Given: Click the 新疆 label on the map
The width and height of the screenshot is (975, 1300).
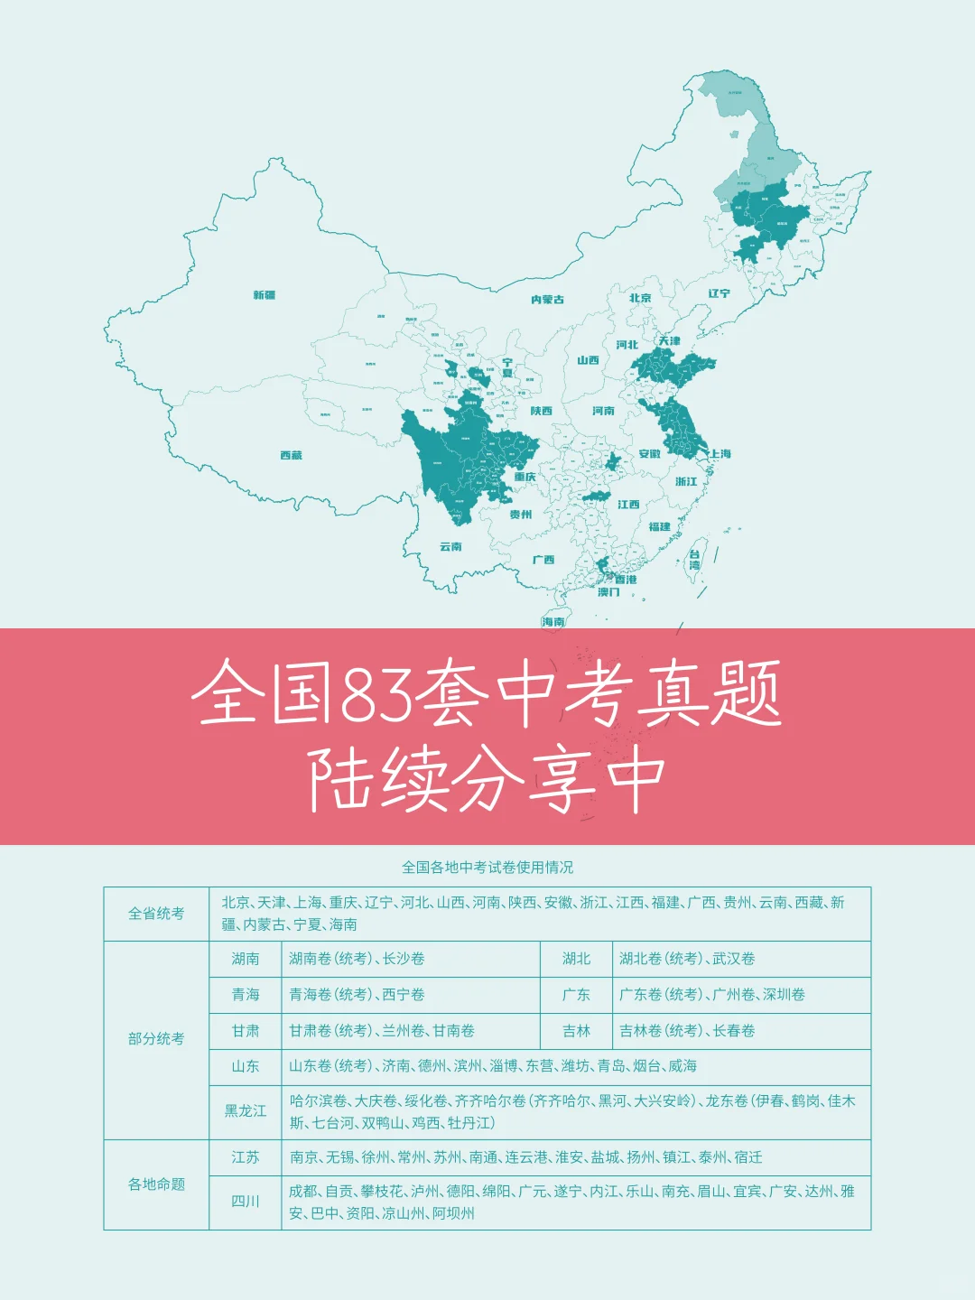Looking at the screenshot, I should tap(264, 295).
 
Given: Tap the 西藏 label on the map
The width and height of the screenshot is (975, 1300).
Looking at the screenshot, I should tap(291, 456).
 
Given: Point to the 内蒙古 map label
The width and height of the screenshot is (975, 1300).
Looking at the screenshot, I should tap(547, 300).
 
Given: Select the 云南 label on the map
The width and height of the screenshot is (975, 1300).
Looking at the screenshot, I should tap(450, 547).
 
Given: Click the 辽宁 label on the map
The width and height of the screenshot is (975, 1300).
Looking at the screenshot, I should tap(719, 293).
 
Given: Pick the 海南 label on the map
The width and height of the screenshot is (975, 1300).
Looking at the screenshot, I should tap(553, 622).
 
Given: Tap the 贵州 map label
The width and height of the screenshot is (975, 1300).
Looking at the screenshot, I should tap(520, 515).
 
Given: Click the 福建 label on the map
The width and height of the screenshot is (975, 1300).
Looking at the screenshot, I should tap(659, 526).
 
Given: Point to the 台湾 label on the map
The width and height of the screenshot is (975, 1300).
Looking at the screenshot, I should tap(694, 560).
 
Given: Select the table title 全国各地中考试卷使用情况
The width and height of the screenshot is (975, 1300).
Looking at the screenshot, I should tap(487, 868).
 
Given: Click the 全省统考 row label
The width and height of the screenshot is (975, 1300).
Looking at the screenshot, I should tap(156, 914).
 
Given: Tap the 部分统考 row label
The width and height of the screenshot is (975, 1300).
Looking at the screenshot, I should tap(156, 1039).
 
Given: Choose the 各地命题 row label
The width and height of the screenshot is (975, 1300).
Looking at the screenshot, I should tap(156, 1184).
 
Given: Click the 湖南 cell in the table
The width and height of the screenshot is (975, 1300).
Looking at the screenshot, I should tap(246, 959).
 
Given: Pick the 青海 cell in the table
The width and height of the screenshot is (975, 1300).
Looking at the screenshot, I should tap(246, 995).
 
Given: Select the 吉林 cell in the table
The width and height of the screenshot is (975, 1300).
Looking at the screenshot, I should tap(576, 1031).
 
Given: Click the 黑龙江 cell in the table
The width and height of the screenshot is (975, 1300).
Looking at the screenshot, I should tap(246, 1111).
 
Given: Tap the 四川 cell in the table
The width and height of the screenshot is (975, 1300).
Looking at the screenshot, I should tap(246, 1202).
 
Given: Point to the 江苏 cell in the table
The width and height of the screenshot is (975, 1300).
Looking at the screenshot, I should tap(246, 1157).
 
